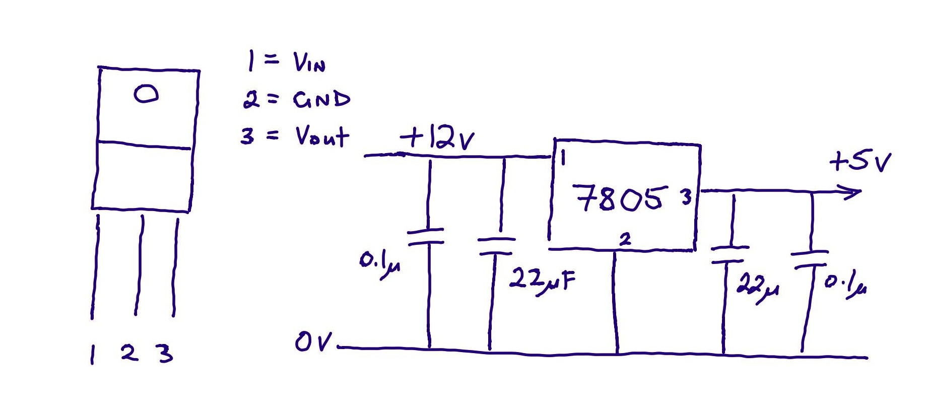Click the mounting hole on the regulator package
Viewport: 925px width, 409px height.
tap(146, 94)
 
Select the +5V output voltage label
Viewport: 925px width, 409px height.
tap(860, 162)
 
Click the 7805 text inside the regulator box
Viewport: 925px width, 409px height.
tap(620, 198)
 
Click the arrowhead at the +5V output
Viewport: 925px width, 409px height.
tap(851, 192)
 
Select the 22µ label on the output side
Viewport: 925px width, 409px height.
tap(756, 287)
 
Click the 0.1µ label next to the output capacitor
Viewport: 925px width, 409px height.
tap(845, 285)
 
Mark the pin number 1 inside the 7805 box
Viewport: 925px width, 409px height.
tap(563, 158)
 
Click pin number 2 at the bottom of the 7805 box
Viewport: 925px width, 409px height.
tap(625, 239)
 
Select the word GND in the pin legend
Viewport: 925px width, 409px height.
tap(321, 100)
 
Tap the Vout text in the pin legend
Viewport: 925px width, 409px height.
tap(321, 136)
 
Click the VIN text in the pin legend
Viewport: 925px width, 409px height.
tap(309, 63)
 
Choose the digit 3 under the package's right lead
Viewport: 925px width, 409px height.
tap(165, 353)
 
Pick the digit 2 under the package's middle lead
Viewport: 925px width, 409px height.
tap(129, 352)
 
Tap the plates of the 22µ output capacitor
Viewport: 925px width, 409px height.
tap(729, 254)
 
